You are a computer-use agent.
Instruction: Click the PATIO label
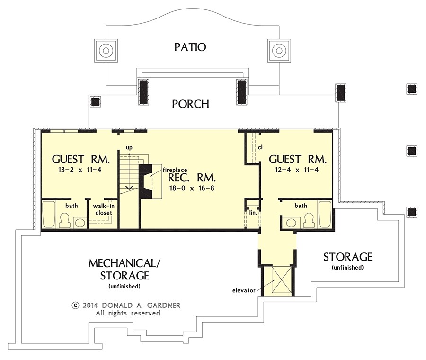coord(190,47)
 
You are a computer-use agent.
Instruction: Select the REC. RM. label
coord(192,178)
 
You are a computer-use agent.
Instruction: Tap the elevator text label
coord(244,289)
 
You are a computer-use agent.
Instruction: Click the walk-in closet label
coord(102,209)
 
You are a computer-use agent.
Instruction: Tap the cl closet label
coord(260,147)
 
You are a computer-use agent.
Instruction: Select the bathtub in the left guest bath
coord(49,215)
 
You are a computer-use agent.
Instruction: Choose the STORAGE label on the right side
coord(347,257)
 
